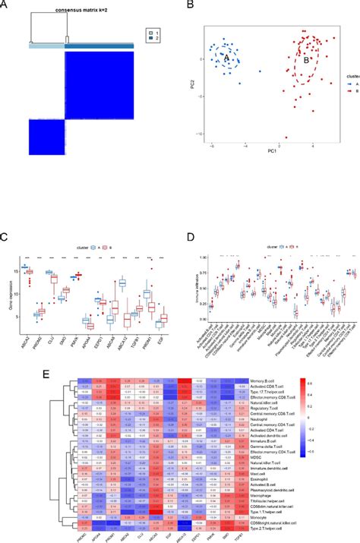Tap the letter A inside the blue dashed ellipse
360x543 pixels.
point(226,57)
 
